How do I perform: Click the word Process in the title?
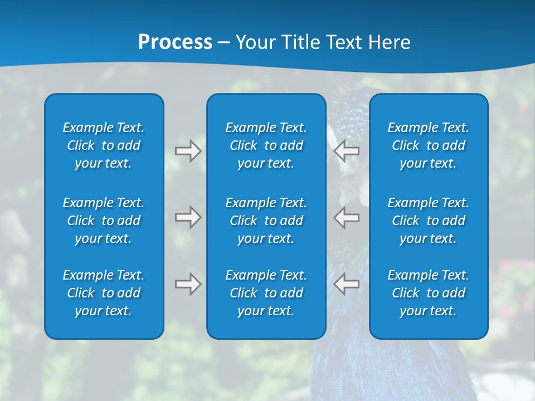pos(175,42)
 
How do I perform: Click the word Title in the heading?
pos(300,42)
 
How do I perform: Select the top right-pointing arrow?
pos(188,151)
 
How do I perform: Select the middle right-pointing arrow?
pos(188,217)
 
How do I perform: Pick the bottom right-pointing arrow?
pos(188,284)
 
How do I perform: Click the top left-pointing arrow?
pos(347,151)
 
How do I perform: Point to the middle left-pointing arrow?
pos(347,217)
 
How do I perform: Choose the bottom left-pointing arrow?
pos(347,284)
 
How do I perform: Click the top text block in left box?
pos(104,145)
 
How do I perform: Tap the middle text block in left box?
pos(104,221)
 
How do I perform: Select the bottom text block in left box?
pos(104,293)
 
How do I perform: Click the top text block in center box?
pos(266,145)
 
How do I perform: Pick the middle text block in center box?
pos(266,221)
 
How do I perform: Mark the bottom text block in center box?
pos(266,293)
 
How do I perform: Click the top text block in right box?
pos(428,145)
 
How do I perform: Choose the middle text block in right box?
pos(428,221)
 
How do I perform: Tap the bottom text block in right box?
pos(428,293)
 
